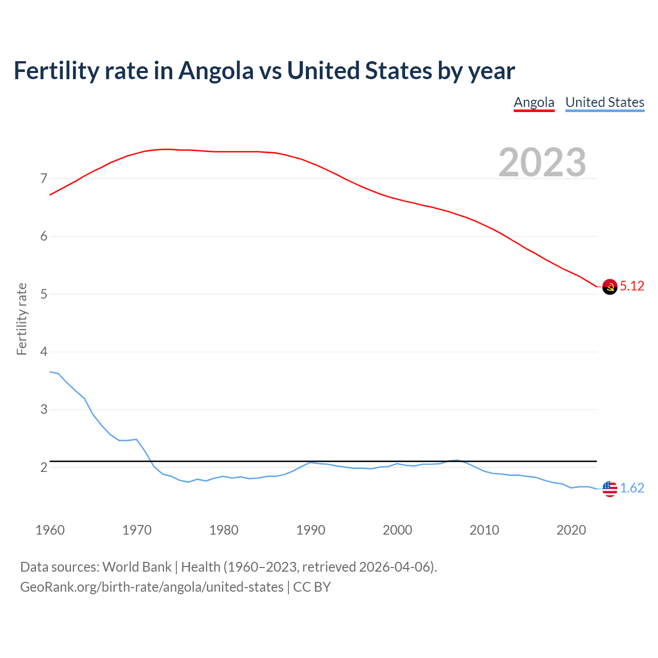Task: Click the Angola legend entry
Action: pyautogui.click(x=534, y=102)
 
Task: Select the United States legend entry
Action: pyautogui.click(x=605, y=102)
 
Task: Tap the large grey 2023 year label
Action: pyautogui.click(x=542, y=162)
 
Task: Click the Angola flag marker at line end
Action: pyautogui.click(x=610, y=286)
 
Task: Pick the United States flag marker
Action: pyautogui.click(x=610, y=488)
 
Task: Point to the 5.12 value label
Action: pyautogui.click(x=632, y=286)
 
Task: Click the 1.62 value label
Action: pyautogui.click(x=632, y=488)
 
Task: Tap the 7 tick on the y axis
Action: pyautogui.click(x=44, y=179)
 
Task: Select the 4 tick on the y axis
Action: pyautogui.click(x=44, y=352)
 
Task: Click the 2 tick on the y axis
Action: pyautogui.click(x=44, y=467)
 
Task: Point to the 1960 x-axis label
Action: pyautogui.click(x=50, y=530)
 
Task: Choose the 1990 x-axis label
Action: pyautogui.click(x=310, y=530)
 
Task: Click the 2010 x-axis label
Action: pyautogui.click(x=484, y=530)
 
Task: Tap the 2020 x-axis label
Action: pyautogui.click(x=571, y=530)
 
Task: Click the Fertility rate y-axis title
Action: pyautogui.click(x=22, y=319)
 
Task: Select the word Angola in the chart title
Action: pyautogui.click(x=216, y=71)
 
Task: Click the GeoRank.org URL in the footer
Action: pyautogui.click(x=152, y=587)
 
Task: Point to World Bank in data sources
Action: pyautogui.click(x=137, y=567)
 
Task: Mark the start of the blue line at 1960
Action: pyautogui.click(x=50, y=372)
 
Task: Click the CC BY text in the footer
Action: pyautogui.click(x=312, y=587)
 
